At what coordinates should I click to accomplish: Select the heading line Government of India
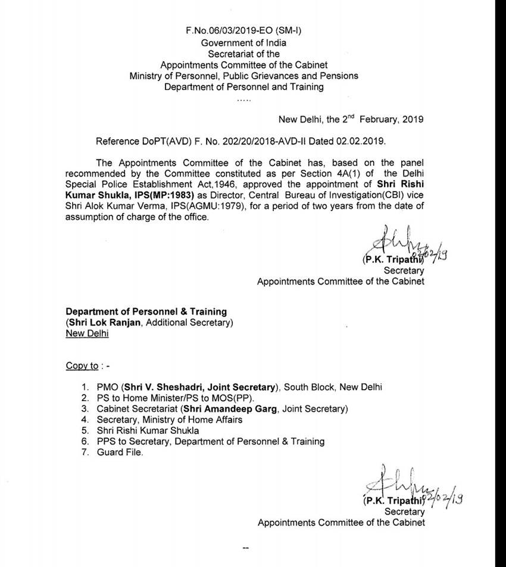(243, 43)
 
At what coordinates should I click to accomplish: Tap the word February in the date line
(378, 119)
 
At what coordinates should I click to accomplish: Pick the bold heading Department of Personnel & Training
(146, 312)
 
